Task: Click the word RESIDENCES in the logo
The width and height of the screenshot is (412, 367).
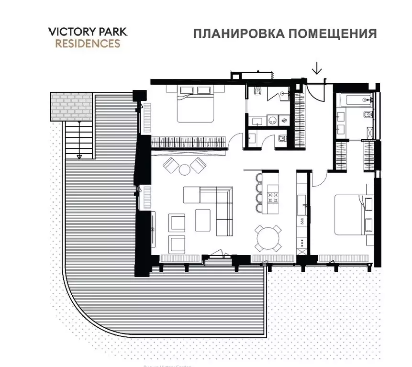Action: coord(88,44)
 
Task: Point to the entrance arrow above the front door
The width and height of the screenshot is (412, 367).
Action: coord(316,70)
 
